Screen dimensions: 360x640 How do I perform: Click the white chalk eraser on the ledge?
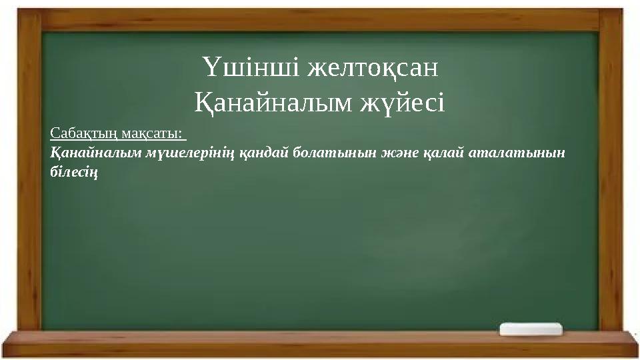pyautogui.click(x=531, y=329)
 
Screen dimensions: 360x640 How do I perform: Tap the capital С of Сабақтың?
pyautogui.click(x=55, y=134)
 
